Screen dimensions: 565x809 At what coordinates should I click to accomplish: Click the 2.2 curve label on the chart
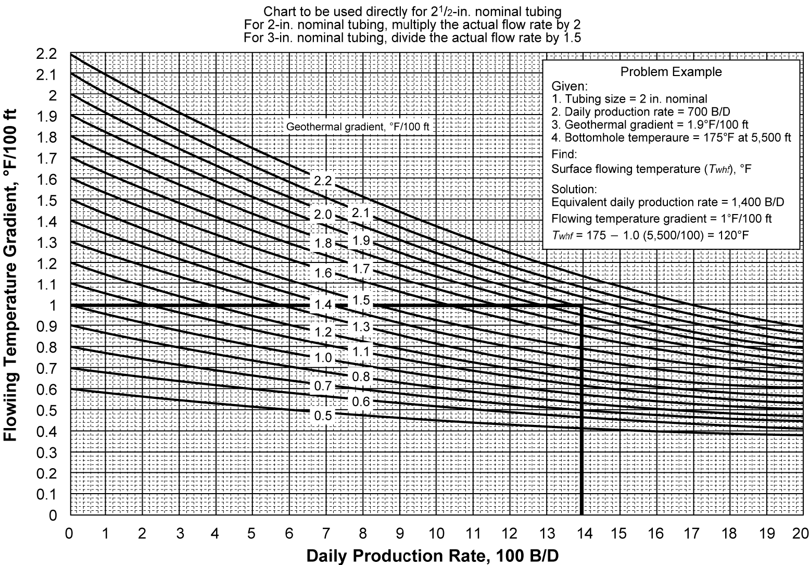(x=323, y=181)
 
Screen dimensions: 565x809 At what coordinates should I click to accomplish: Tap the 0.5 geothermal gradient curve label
(x=323, y=416)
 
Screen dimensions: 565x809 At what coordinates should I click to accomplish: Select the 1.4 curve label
(x=323, y=304)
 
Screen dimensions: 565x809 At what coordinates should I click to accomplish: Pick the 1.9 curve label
(x=361, y=241)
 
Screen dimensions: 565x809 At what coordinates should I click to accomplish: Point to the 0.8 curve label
(x=361, y=376)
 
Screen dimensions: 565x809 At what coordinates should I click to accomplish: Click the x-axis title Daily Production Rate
(x=432, y=555)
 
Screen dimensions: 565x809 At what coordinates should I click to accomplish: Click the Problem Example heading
(x=671, y=72)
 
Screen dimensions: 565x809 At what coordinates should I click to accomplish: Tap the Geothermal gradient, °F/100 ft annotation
(x=358, y=127)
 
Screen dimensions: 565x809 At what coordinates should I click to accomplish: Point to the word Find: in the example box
(x=564, y=155)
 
